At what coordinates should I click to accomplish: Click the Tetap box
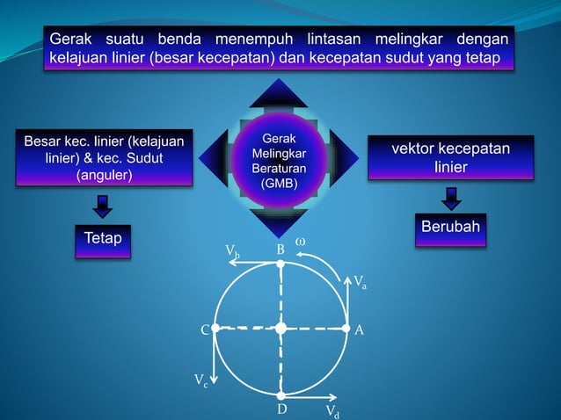pyautogui.click(x=103, y=240)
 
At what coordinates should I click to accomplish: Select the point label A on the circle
pyautogui.click(x=359, y=329)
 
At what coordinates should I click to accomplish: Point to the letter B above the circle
pyautogui.click(x=280, y=250)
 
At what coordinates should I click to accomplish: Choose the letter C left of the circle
pyautogui.click(x=204, y=330)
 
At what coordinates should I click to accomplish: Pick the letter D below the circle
pyautogui.click(x=281, y=409)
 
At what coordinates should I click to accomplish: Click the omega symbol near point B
pyautogui.click(x=299, y=240)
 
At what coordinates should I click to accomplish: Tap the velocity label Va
pyautogui.click(x=361, y=282)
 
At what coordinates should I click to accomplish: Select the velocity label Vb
pyautogui.click(x=233, y=253)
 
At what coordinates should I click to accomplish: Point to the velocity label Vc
pyautogui.click(x=201, y=380)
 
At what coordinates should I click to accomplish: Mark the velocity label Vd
pyautogui.click(x=332, y=411)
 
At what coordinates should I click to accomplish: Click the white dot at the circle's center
pyautogui.click(x=280, y=329)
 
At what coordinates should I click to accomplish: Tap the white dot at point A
pyautogui.click(x=346, y=329)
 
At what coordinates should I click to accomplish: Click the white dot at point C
pyautogui.click(x=215, y=329)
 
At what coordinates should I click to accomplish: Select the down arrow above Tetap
pyautogui.click(x=103, y=206)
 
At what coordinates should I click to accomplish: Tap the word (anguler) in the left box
pyautogui.click(x=103, y=174)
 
